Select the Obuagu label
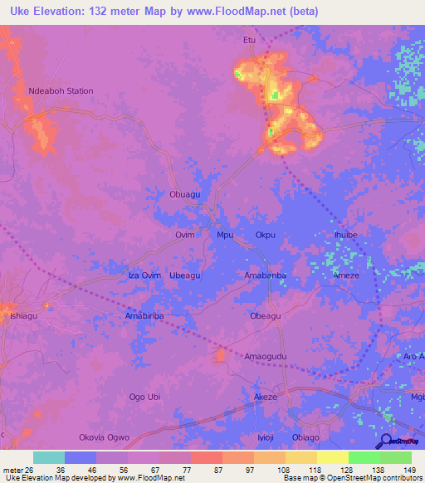[184, 194]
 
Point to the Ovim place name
[184, 235]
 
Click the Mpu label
[225, 235]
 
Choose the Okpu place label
[265, 235]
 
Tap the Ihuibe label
[345, 235]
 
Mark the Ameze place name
[345, 276]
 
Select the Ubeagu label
[184, 275]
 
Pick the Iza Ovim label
[144, 275]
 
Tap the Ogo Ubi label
[144, 397]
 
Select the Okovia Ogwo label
[104, 437]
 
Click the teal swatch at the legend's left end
[48, 457]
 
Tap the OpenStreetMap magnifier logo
[385, 441]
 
